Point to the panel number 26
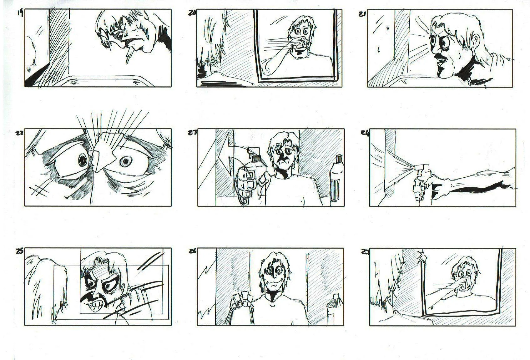pyautogui.click(x=193, y=251)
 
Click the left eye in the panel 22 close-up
pyautogui.click(x=83, y=160)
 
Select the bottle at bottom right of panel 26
pyautogui.click(x=332, y=310)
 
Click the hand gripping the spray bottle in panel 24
pyautogui.click(x=421, y=188)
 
